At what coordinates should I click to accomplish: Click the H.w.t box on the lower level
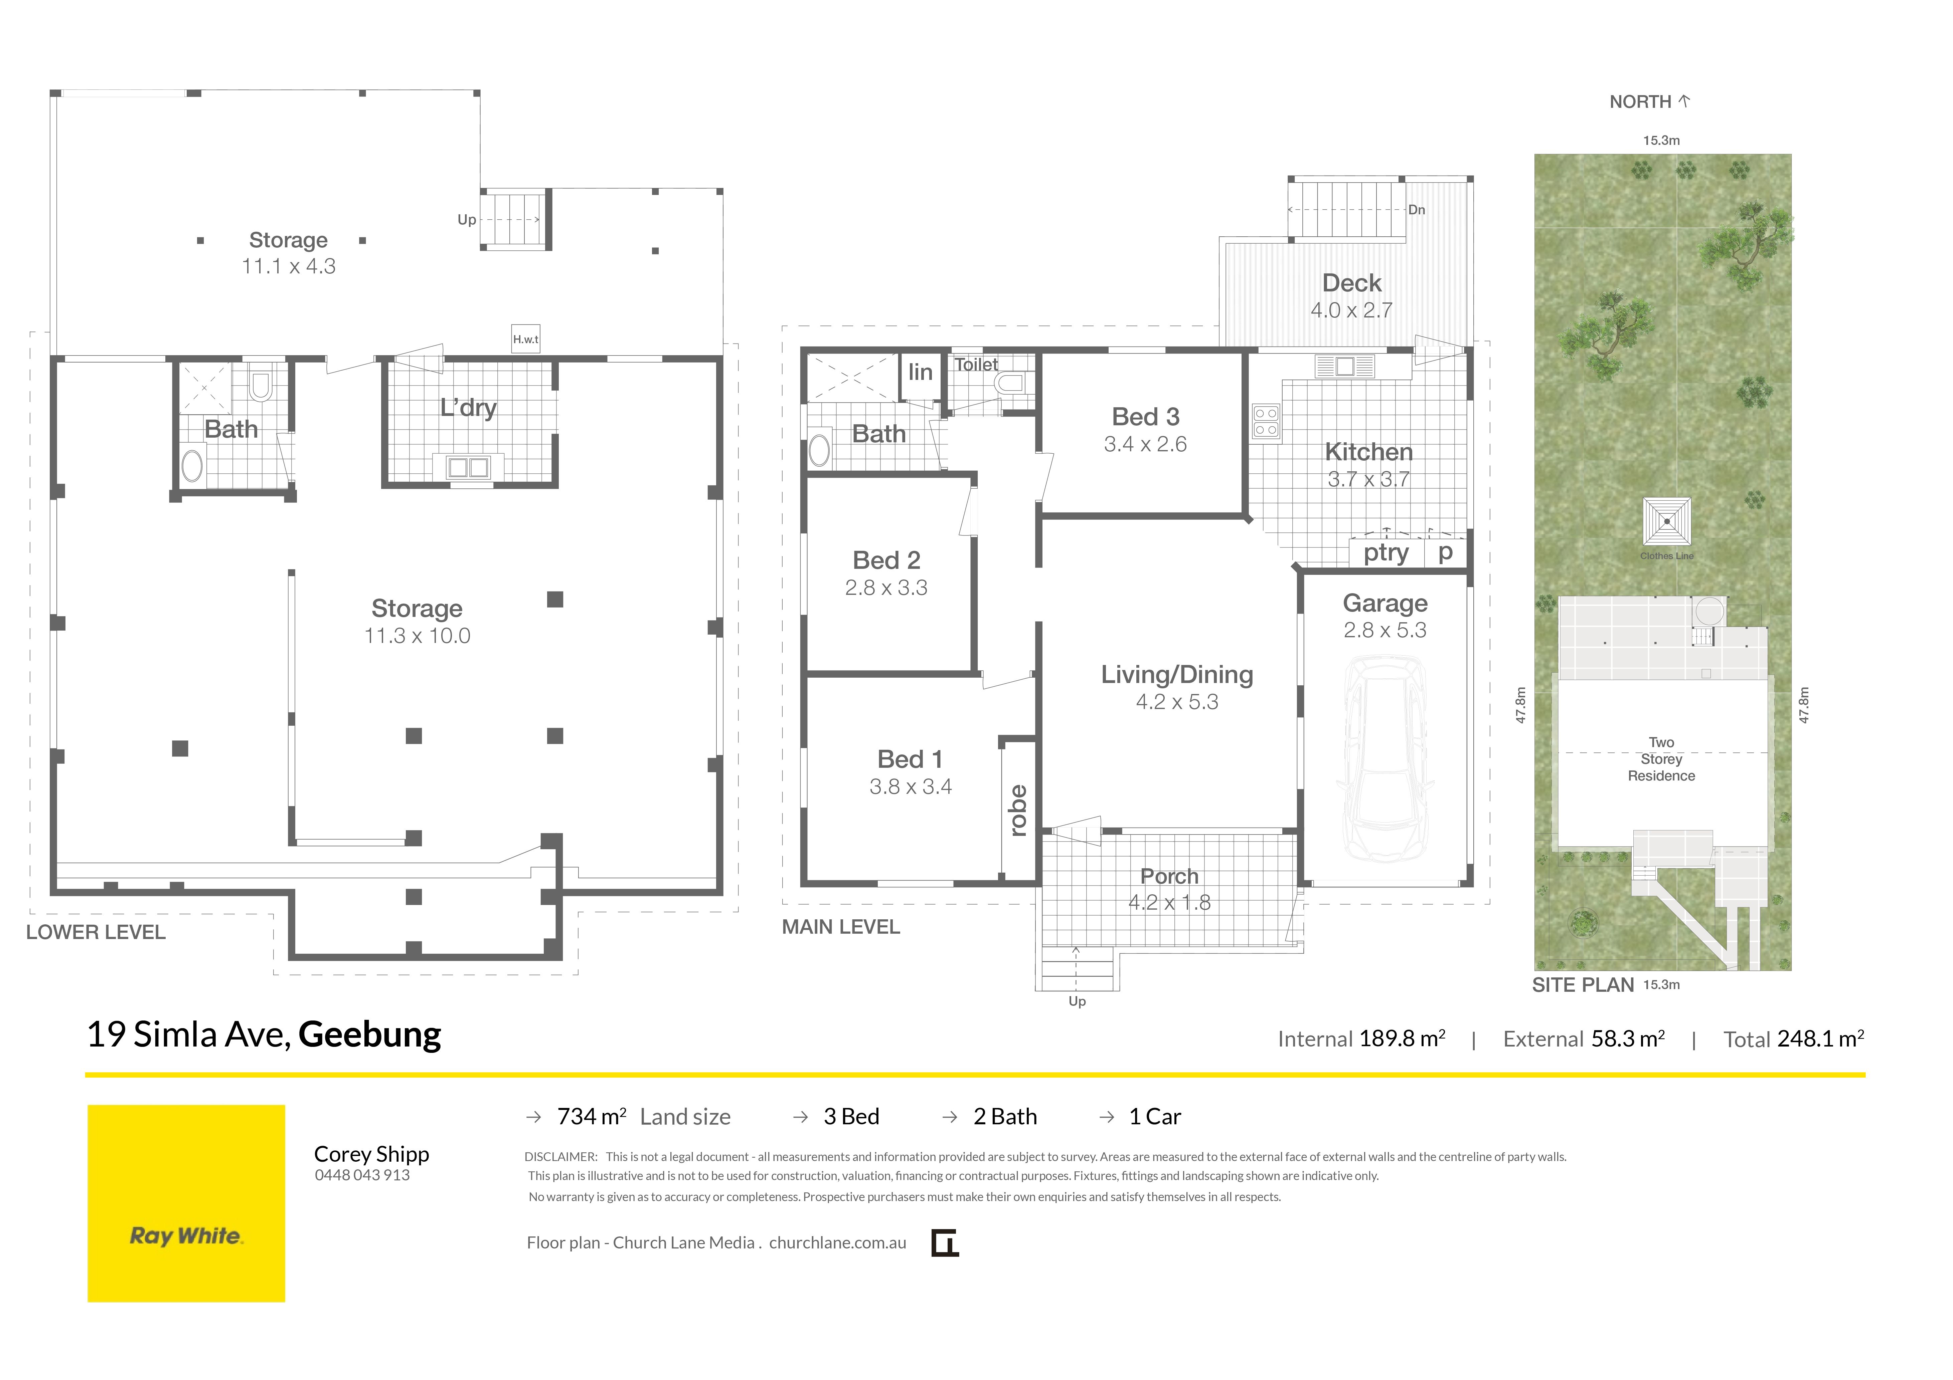click(526, 338)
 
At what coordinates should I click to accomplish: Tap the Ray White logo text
click(186, 1236)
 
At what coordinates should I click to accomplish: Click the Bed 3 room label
click(1146, 417)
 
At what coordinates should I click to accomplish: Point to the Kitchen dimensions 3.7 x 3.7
click(1368, 480)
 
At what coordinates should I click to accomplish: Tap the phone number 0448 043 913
click(362, 1175)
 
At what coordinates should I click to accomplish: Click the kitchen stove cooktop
click(1266, 422)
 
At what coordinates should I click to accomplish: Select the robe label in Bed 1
click(1018, 810)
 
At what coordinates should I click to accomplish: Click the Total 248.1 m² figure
click(1794, 1039)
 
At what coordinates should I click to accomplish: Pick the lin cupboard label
click(920, 372)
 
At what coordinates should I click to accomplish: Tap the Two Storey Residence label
click(1661, 759)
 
